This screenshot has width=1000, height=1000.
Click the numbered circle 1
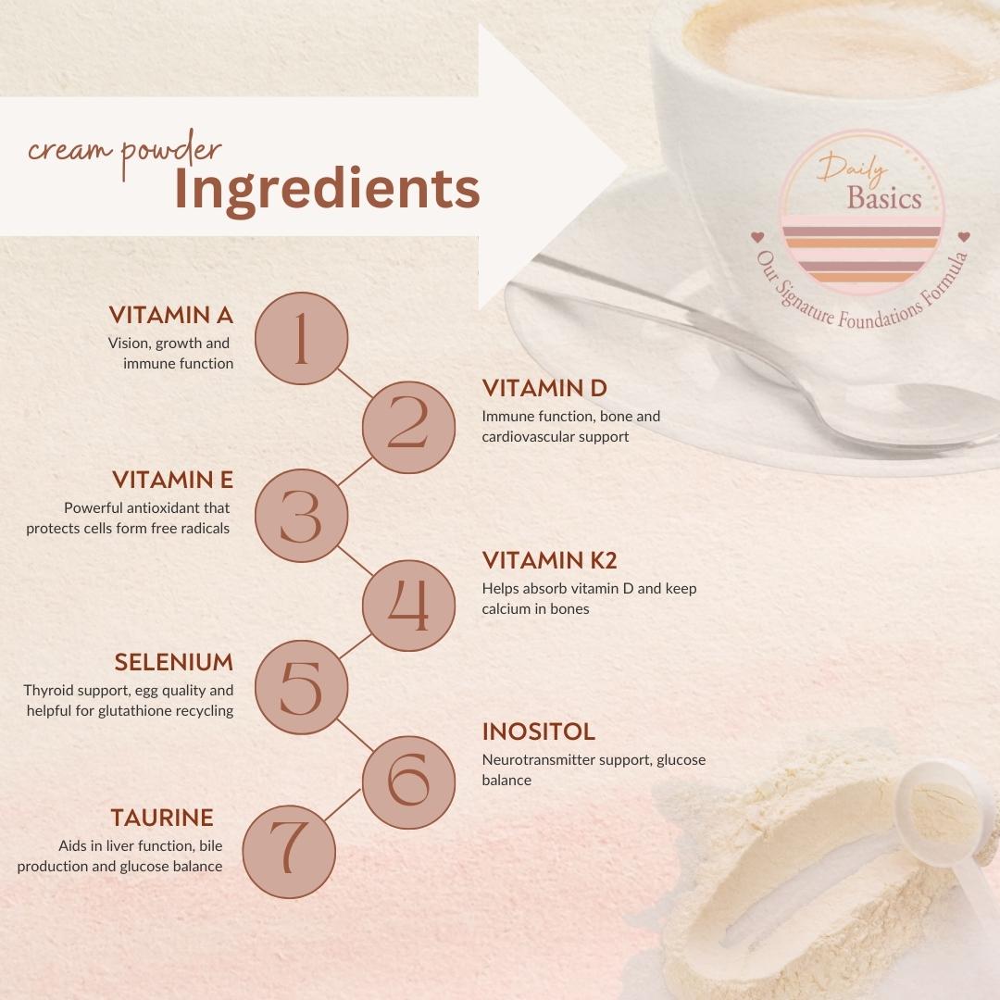coord(302,339)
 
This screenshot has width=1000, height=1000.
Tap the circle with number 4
coord(409,606)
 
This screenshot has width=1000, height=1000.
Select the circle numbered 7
coord(290,852)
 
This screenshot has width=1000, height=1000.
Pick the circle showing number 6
coord(409,781)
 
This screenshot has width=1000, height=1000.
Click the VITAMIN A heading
coord(171,315)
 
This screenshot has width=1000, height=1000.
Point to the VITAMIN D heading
coord(544,388)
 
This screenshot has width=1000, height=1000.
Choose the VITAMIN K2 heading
coord(550,560)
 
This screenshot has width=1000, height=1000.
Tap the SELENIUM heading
coord(174,663)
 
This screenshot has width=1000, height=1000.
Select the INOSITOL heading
coord(539,732)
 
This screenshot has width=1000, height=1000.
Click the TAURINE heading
coord(162,818)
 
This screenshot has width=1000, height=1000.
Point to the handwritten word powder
coord(171,153)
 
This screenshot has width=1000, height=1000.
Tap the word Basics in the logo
coord(884,198)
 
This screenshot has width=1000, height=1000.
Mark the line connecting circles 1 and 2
coord(356,382)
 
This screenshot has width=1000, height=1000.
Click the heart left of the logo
coord(757,237)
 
